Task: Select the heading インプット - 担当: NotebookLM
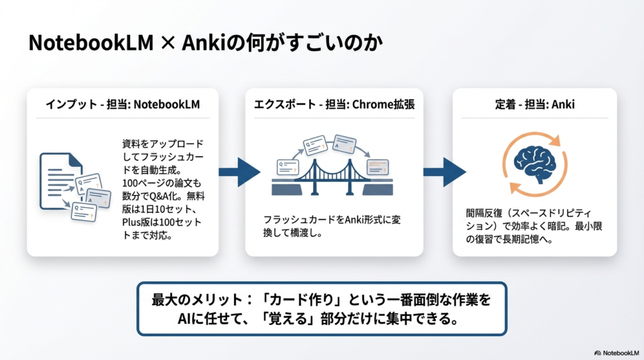coord(123,104)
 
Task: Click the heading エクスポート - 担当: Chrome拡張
coord(333,104)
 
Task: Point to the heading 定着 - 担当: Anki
coord(535,104)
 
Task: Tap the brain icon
coord(535,161)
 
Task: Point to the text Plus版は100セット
coord(162,223)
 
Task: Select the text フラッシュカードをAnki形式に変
coord(332,220)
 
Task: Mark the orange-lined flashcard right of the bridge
coord(377,167)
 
